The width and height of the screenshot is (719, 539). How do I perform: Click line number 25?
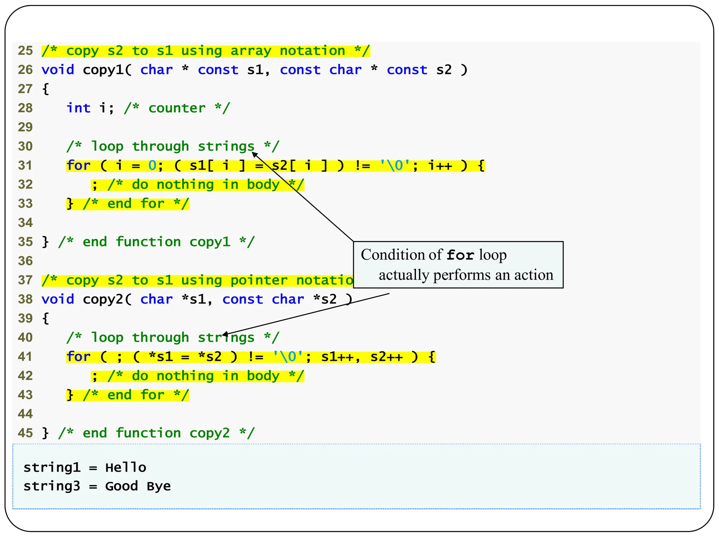coord(25,51)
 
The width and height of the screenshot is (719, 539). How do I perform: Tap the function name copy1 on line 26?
coord(103,70)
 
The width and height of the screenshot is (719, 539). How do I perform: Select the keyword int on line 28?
coord(79,108)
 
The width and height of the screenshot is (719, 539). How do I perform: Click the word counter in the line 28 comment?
coord(177,108)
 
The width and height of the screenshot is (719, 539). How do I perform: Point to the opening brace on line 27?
coord(45,89)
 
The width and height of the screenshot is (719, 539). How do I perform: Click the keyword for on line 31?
coord(79,165)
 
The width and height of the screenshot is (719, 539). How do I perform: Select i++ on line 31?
coord(440,165)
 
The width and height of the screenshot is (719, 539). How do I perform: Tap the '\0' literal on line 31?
coord(395,165)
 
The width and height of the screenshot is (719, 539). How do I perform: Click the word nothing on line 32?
coord(185,185)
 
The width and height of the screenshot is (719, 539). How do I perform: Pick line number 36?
coord(25,261)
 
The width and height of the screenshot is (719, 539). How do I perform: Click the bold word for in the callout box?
coord(460,255)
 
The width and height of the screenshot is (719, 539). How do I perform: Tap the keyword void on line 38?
coord(58,299)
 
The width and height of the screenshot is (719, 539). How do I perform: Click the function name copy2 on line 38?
coord(103,299)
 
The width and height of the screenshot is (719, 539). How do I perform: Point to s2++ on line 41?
coord(387,357)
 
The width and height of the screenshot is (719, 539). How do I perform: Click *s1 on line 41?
coord(161,357)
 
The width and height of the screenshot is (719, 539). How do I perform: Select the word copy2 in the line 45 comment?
coord(210,433)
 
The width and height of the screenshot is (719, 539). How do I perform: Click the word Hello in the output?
coord(126,468)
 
